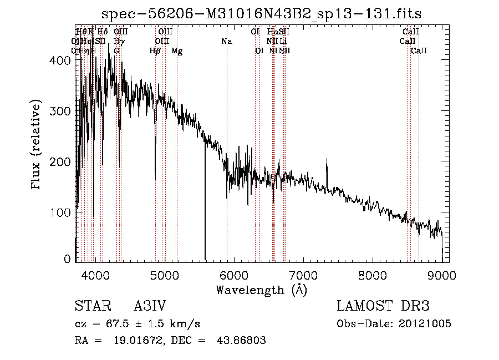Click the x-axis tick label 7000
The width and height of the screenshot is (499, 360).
[x=303, y=275]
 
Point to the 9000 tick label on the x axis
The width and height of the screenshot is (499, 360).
[x=442, y=275]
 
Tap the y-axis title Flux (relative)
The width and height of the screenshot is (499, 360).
[x=37, y=145]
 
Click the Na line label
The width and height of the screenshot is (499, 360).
[x=226, y=41]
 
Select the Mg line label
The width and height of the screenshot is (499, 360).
[x=177, y=51]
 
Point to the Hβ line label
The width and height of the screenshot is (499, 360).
[x=155, y=51]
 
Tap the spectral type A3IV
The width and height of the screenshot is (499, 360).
[x=150, y=306]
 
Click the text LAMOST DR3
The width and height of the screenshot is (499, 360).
[x=383, y=306]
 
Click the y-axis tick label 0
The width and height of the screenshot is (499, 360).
[x=68, y=259]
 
